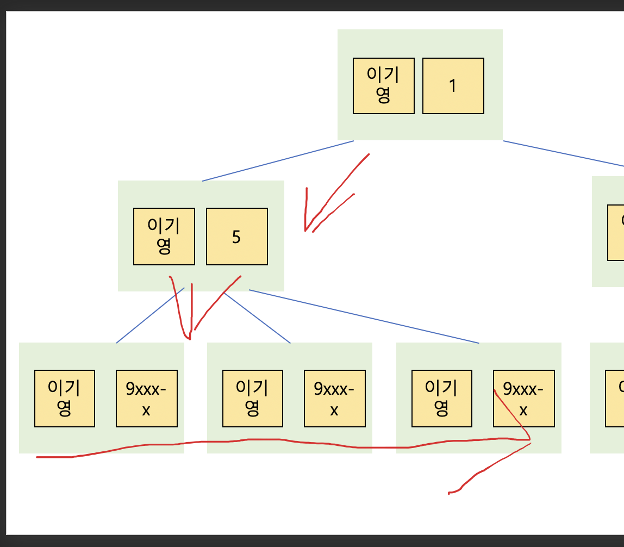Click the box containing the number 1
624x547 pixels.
[453, 86]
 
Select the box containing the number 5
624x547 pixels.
[236, 237]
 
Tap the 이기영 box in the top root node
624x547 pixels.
[383, 86]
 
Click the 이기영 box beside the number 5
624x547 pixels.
[164, 237]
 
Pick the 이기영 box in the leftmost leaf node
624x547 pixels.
[64, 398]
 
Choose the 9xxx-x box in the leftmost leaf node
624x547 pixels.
[146, 398]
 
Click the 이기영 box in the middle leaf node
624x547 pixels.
[252, 398]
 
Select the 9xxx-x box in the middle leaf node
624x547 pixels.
[334, 398]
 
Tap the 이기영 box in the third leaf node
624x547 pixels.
[441, 398]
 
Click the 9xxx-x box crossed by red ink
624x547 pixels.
[523, 398]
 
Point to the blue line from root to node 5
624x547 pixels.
[277, 161]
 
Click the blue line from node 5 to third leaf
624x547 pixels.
[364, 316]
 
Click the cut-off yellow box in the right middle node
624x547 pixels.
[616, 233]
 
